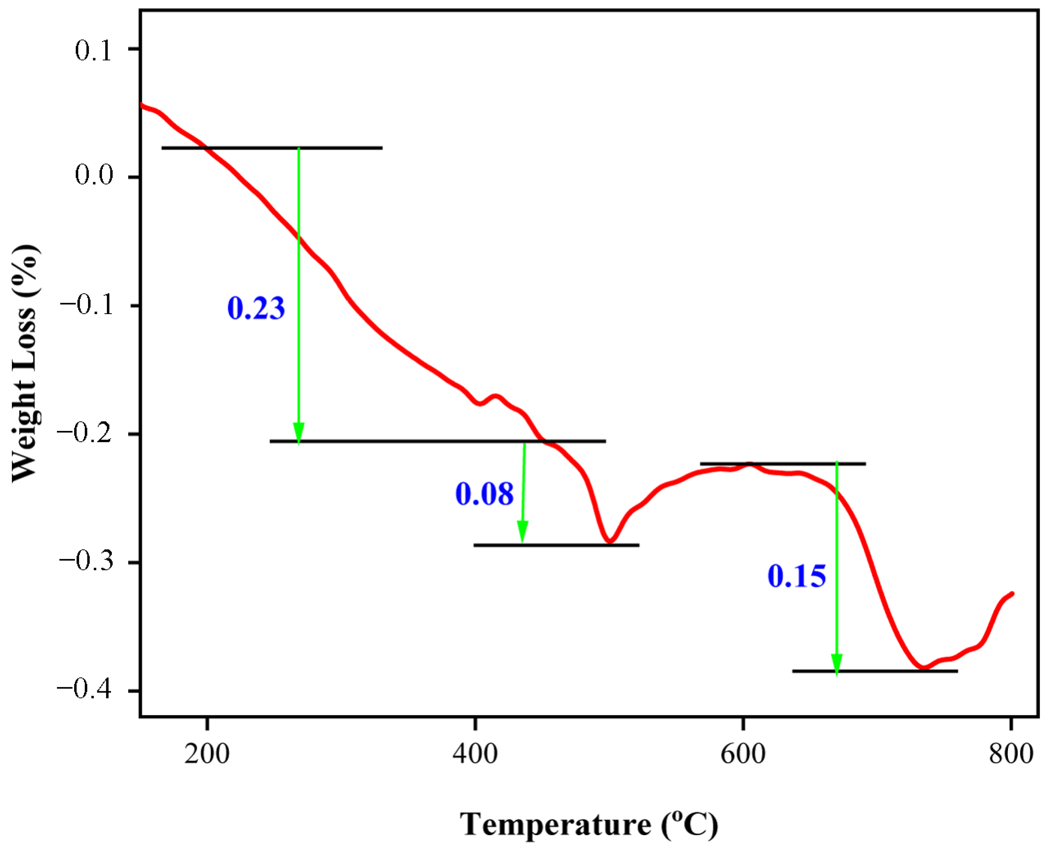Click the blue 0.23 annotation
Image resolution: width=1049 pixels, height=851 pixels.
[256, 309]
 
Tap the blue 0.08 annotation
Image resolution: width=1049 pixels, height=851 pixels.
[484, 494]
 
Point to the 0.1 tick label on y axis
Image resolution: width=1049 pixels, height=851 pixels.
[94, 50]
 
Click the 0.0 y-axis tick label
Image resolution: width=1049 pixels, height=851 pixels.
[94, 175]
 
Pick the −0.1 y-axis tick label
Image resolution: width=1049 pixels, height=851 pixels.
[86, 305]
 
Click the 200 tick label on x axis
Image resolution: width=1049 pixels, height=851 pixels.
[207, 754]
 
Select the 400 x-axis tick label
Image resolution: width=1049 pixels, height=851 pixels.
[475, 754]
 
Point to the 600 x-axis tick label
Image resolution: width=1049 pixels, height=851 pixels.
[743, 754]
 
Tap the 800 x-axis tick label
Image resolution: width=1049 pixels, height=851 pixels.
[1011, 754]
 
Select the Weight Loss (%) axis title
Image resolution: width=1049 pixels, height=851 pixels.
[25, 363]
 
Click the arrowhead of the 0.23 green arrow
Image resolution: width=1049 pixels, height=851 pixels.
[299, 433]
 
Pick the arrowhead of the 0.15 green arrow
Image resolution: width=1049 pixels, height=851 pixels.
[836, 665]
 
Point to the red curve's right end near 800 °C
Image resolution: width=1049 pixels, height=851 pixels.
[1012, 594]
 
